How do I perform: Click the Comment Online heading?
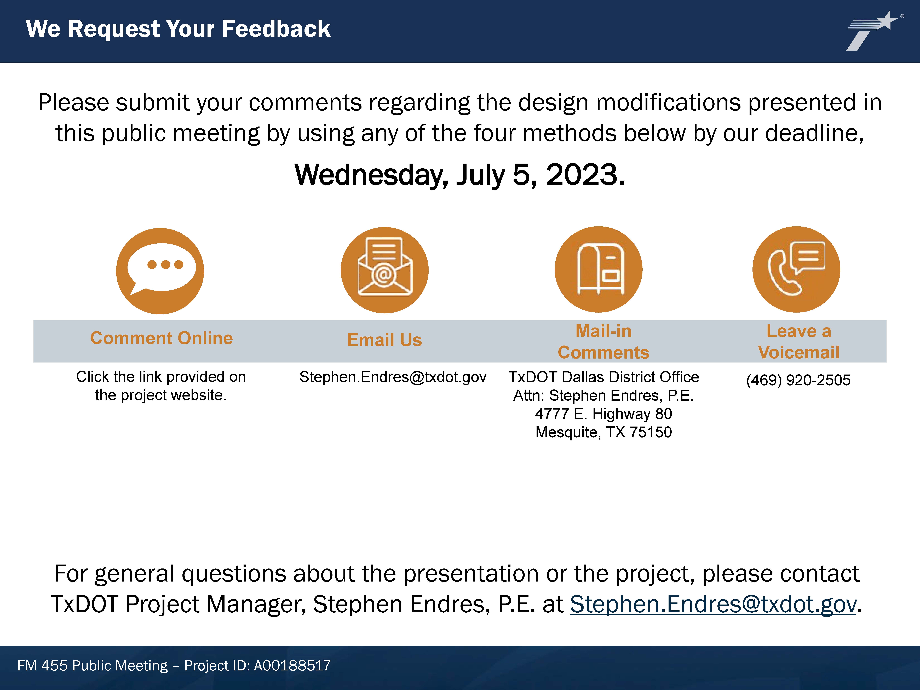click(x=161, y=338)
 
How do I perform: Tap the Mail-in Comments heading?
click(x=603, y=342)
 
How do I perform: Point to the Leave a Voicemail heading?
click(x=799, y=342)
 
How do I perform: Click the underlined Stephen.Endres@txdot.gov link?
click(x=713, y=604)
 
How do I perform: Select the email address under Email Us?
click(x=393, y=377)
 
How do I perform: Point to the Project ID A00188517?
click(x=292, y=665)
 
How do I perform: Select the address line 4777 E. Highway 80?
click(x=603, y=414)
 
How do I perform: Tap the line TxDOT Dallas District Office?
click(x=603, y=377)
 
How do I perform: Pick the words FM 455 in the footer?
click(x=42, y=665)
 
